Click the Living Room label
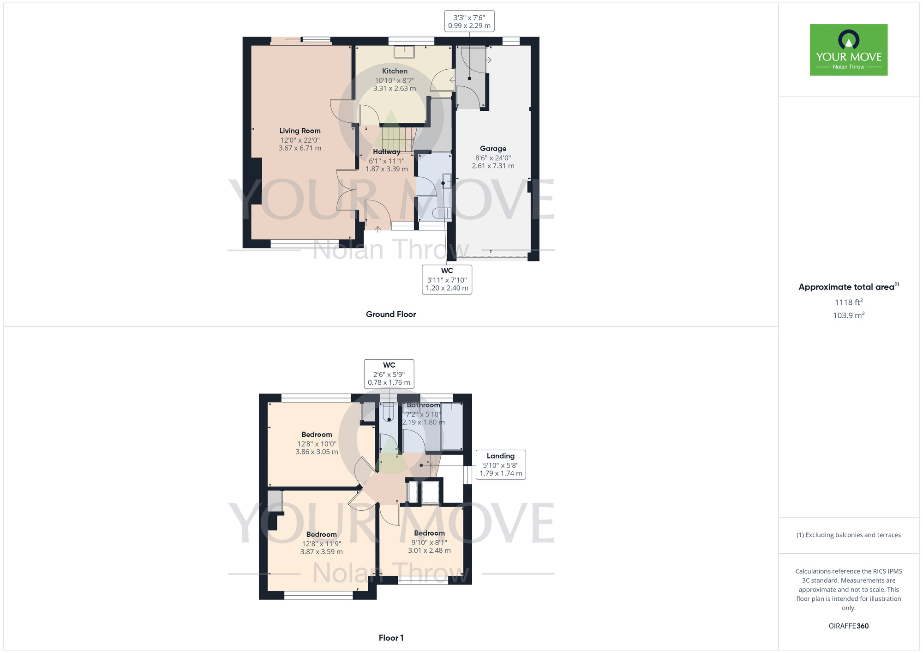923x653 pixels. coord(300,131)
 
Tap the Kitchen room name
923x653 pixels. coord(395,71)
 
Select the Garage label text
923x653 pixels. coord(493,148)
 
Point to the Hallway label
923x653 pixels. coord(386,151)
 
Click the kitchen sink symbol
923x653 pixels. coord(404,52)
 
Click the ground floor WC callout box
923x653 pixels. coord(447,279)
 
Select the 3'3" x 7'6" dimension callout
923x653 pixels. coord(469,22)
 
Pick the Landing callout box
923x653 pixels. coord(500,465)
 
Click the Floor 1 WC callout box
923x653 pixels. coord(389,374)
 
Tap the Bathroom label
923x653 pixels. coord(423,405)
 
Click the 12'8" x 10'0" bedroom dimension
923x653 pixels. coord(317,444)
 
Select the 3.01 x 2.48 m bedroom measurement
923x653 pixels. coord(429,550)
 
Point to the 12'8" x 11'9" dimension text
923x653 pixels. coord(322,544)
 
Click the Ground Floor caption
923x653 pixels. coord(391,314)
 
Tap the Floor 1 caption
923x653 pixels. coord(391,638)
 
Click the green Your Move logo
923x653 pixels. coord(848,50)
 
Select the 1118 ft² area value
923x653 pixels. coord(848,302)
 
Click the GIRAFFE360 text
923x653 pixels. coord(848,626)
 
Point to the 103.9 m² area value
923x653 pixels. coord(848,315)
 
